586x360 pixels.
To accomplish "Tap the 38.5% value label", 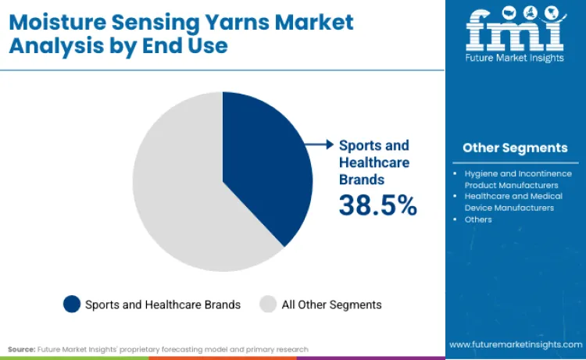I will (377, 205).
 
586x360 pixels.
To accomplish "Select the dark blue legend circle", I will (72, 304).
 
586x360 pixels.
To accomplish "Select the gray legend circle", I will (268, 304).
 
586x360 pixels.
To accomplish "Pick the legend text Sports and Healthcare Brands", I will (163, 305).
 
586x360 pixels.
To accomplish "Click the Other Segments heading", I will (514, 148).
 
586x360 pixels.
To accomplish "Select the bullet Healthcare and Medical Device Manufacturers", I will (513, 201).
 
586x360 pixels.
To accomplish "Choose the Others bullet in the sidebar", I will (478, 219).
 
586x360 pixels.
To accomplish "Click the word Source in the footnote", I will (21, 349).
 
